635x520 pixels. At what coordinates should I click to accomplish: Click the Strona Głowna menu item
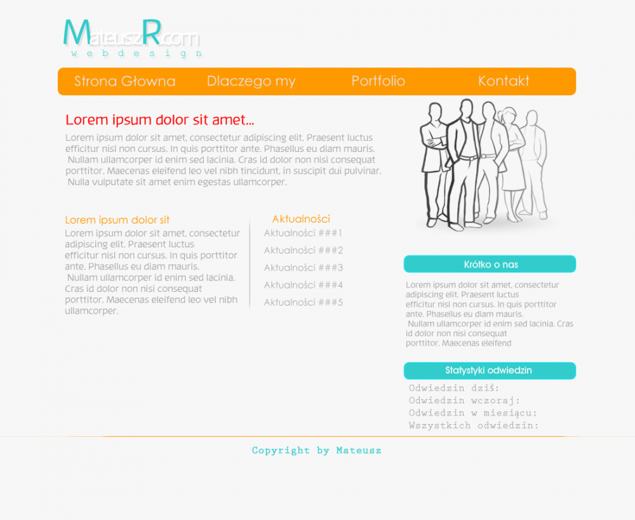click(124, 81)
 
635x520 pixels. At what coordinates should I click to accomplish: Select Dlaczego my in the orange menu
click(251, 81)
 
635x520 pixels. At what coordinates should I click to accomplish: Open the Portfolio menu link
click(378, 81)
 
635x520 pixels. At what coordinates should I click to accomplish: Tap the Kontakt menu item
click(504, 81)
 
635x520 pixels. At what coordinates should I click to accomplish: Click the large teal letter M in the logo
click(77, 32)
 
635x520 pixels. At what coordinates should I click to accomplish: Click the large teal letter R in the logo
click(152, 32)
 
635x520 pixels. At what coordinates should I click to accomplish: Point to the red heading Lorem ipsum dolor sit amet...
click(159, 120)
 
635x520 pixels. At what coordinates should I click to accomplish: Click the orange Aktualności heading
click(301, 219)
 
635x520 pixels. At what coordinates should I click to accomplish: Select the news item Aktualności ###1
click(303, 233)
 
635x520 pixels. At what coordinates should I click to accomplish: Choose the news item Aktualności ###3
click(304, 268)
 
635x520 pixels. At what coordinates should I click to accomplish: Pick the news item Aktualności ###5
click(304, 303)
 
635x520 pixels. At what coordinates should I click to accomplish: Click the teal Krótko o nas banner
click(490, 264)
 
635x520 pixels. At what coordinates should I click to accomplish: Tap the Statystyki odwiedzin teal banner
click(490, 371)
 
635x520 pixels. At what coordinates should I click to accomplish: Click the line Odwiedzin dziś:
click(454, 388)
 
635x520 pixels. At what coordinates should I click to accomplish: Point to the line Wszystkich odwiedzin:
click(474, 425)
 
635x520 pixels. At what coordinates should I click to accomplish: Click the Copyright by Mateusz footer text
click(316, 450)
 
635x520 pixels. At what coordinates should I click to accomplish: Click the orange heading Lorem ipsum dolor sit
click(117, 220)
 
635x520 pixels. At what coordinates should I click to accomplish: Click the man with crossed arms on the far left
click(433, 162)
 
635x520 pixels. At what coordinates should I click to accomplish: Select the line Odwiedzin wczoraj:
click(464, 401)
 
